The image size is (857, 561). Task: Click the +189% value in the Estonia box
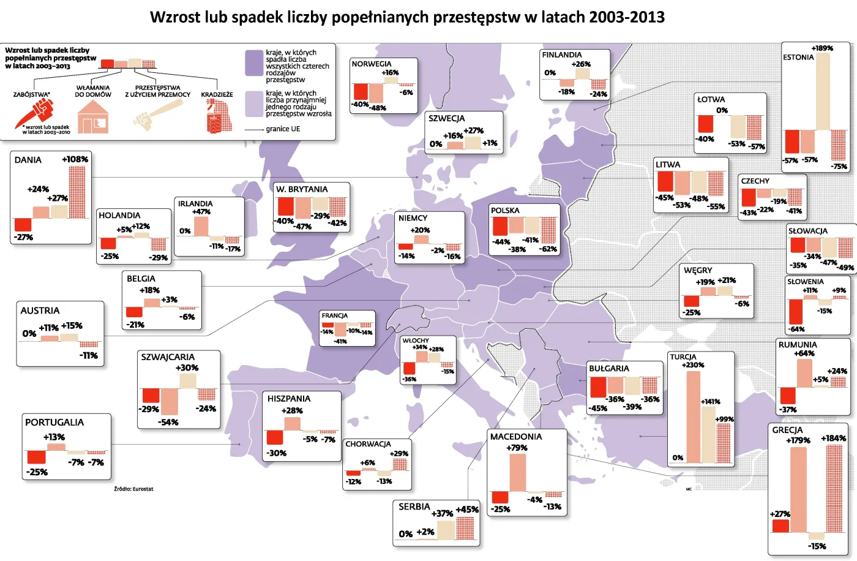pyautogui.click(x=822, y=48)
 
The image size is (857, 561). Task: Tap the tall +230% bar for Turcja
pyautogui.click(x=693, y=416)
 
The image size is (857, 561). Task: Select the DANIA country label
pyautogui.click(x=28, y=160)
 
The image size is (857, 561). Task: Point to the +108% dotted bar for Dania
pyautogui.click(x=77, y=192)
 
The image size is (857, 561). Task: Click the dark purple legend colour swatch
pyautogui.click(x=254, y=62)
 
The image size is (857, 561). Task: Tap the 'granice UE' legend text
pyautogui.click(x=283, y=129)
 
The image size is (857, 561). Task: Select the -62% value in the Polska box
pyautogui.click(x=548, y=249)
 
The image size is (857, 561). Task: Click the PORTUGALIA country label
pyautogui.click(x=54, y=423)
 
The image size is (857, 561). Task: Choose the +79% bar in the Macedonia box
pyautogui.click(x=517, y=472)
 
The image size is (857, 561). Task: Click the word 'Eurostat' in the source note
pyautogui.click(x=143, y=489)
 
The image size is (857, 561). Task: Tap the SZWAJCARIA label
pyautogui.click(x=168, y=357)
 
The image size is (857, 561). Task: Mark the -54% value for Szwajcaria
pyautogui.click(x=168, y=422)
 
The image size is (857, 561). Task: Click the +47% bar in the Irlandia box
pyautogui.click(x=201, y=226)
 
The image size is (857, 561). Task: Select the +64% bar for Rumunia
pyautogui.click(x=804, y=373)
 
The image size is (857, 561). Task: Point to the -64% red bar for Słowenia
pyautogui.click(x=796, y=312)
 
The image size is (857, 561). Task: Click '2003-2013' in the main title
pyautogui.click(x=627, y=17)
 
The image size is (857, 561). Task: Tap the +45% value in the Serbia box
pyautogui.click(x=467, y=510)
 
